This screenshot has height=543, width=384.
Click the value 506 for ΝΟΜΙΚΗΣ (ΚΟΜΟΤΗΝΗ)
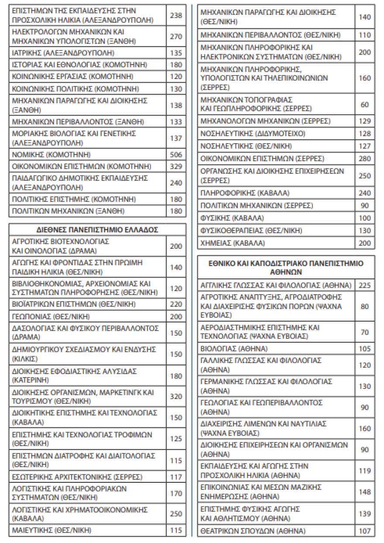click(176, 155)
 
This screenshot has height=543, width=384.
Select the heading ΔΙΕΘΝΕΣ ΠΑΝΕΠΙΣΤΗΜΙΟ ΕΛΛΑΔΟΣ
click(97, 230)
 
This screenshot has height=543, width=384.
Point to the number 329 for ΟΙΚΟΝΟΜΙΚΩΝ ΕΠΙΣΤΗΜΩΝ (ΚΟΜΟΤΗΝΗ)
click(176, 167)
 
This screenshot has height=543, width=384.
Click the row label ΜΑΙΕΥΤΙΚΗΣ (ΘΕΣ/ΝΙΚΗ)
click(54, 531)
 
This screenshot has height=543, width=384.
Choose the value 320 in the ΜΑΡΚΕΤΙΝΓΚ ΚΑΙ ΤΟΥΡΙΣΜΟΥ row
click(176, 397)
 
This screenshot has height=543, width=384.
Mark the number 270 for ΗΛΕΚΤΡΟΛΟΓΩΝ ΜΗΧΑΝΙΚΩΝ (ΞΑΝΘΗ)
click(176, 37)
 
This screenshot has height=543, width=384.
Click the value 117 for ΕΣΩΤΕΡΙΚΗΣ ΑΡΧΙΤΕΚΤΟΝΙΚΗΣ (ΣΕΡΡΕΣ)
click(176, 477)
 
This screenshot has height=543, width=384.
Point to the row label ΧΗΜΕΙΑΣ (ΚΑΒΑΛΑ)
click(232, 243)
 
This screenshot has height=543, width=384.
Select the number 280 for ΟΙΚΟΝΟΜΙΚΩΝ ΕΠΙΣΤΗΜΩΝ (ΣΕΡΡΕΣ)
click(365, 159)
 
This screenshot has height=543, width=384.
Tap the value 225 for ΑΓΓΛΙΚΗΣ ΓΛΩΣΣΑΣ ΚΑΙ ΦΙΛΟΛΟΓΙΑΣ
click(365, 286)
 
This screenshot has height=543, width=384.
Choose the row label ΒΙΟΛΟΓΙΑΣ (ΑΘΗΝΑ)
click(234, 349)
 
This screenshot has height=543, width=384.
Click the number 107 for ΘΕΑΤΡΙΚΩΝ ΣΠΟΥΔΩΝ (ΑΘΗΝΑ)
click(365, 531)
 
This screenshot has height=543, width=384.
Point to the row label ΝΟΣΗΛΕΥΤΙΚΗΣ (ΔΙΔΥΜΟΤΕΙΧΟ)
click(253, 134)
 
